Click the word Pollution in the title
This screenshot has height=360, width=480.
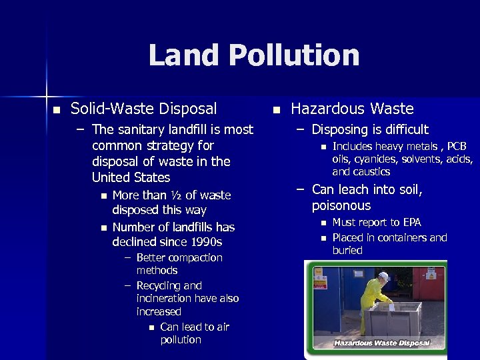[295, 55]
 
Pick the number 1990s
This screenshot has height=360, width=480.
[205, 242]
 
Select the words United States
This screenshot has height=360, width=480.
[131, 177]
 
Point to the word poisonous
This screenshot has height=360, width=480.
[341, 206]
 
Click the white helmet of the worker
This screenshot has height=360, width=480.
[383, 276]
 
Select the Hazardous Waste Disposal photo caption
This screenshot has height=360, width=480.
[381, 344]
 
